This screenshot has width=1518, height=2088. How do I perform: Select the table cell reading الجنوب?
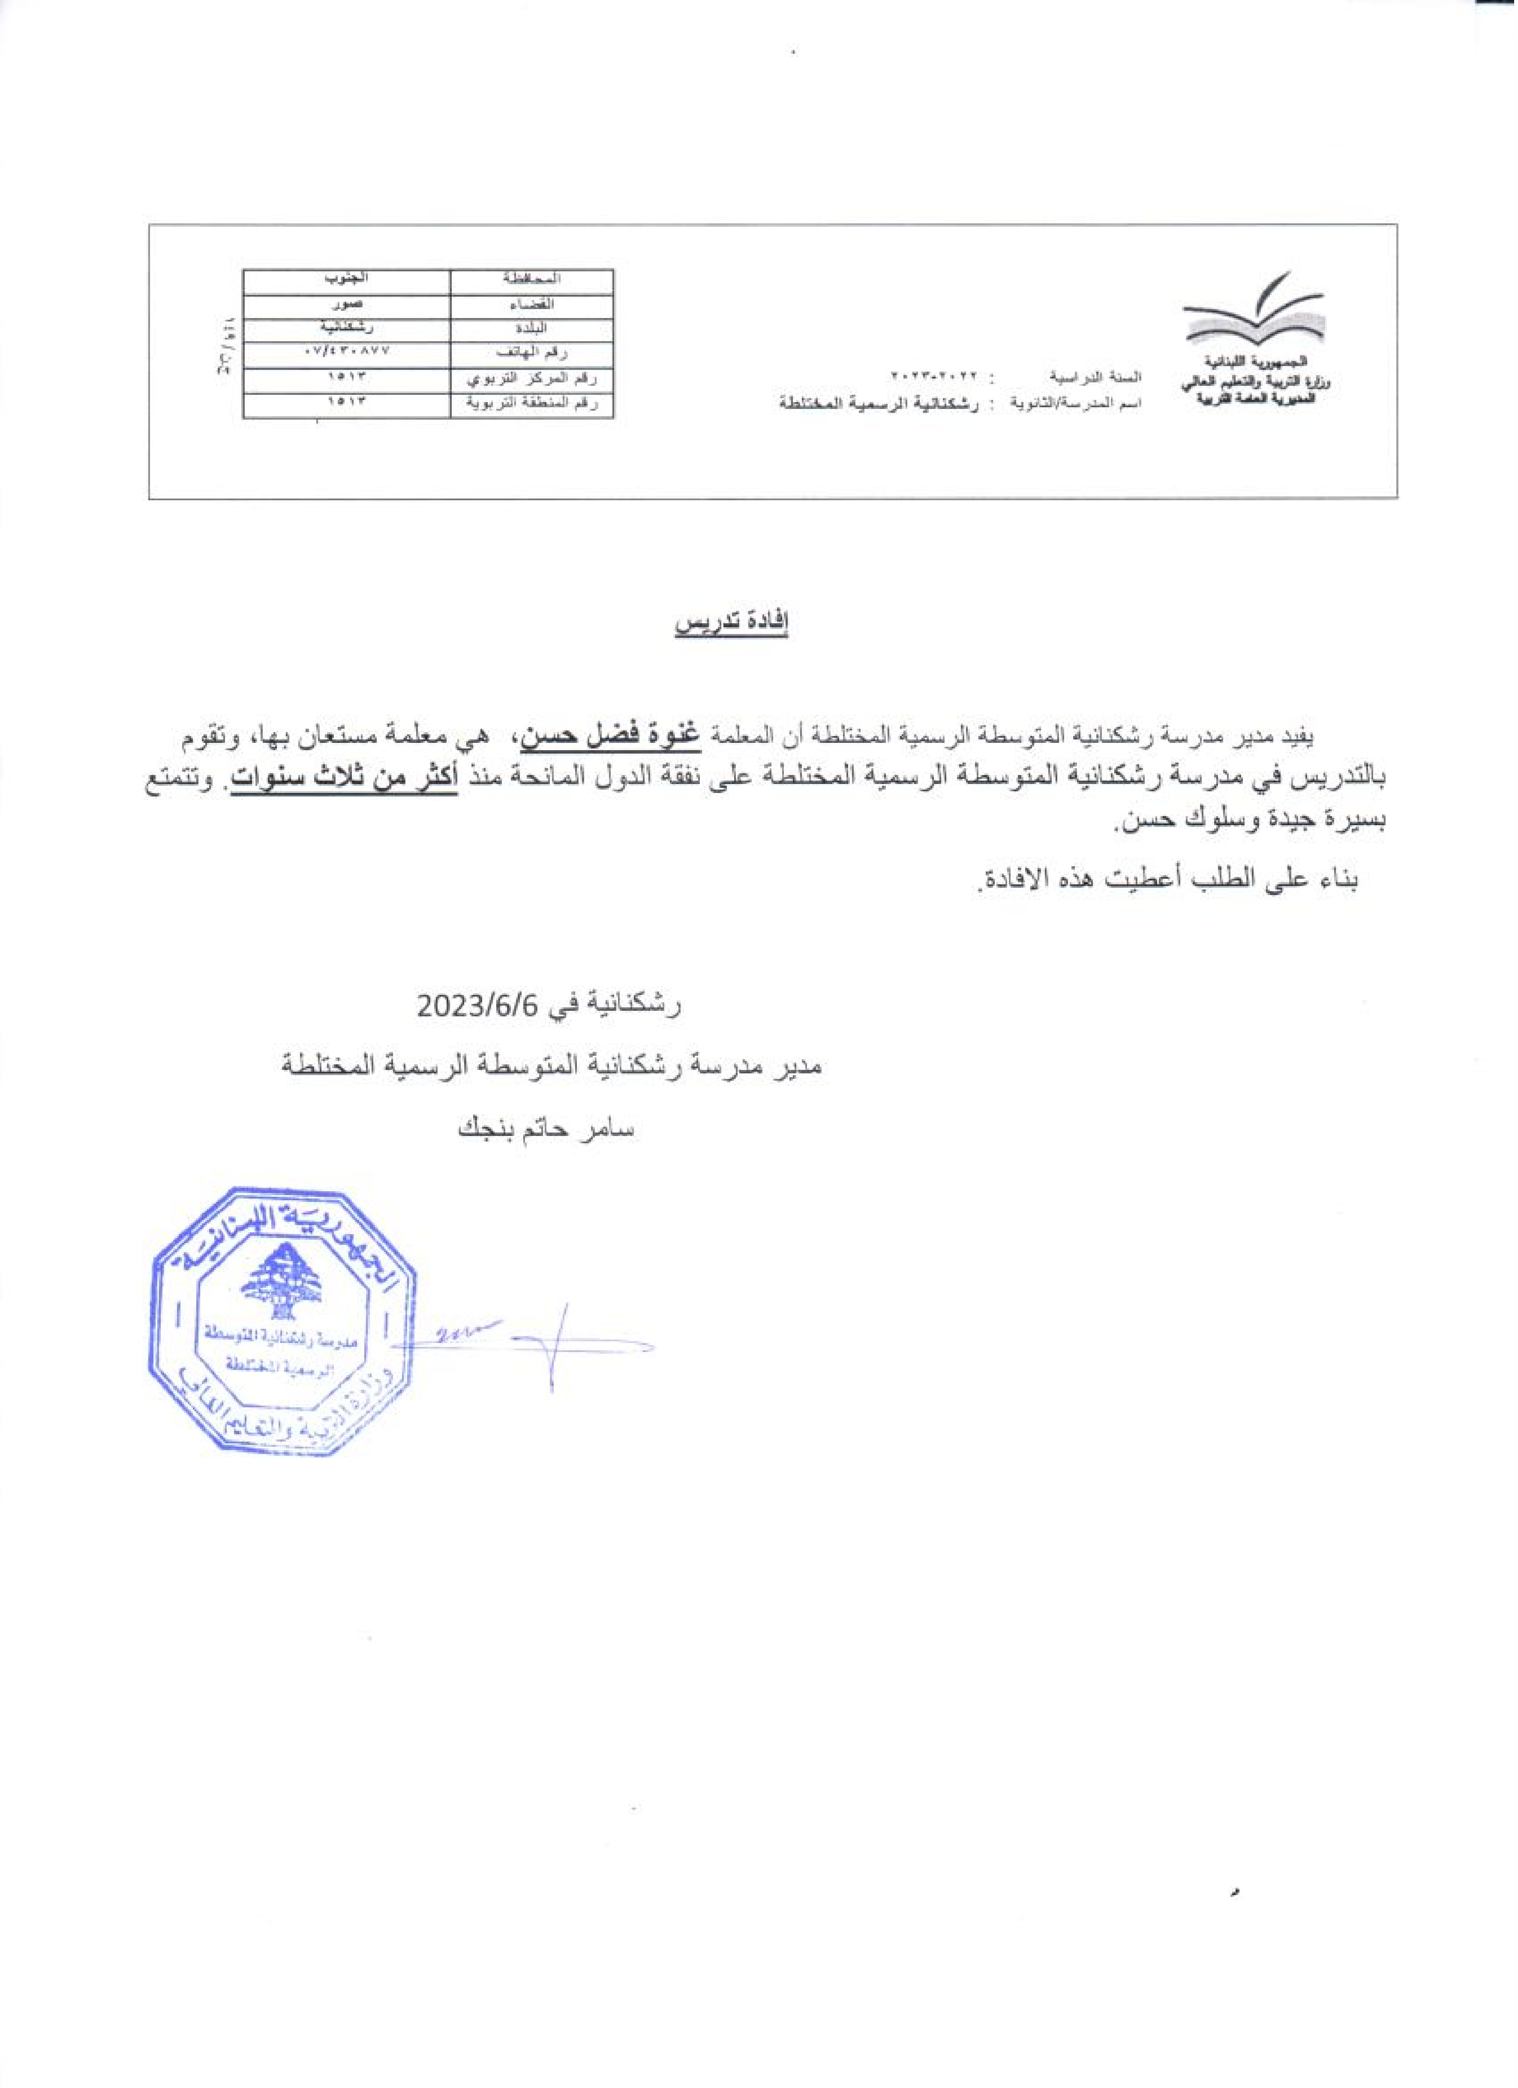[347, 278]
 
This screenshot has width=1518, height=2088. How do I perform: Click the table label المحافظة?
[532, 278]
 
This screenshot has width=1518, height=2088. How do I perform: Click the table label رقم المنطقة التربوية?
[532, 403]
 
